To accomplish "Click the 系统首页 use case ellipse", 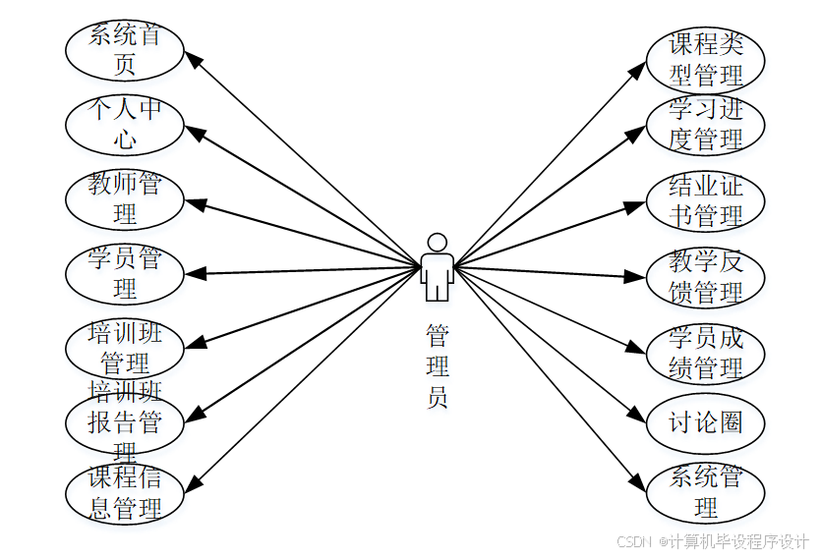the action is coord(124,51).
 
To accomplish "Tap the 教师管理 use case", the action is coord(124,198).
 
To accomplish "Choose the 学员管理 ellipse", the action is coord(124,273).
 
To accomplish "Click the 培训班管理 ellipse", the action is coord(124,347).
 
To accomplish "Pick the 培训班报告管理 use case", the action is coord(124,422).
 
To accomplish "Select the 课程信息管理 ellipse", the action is coord(124,494).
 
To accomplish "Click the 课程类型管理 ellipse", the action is coord(705,59).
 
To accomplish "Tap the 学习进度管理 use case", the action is coord(705,125).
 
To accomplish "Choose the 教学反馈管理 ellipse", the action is coord(705,277).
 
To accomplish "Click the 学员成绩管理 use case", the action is coord(705,353).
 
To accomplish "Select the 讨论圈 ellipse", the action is coord(705,422).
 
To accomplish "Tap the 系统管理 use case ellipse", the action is coord(705,493).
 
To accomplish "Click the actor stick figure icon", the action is coord(437,267).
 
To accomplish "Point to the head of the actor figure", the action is coord(437,242).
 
